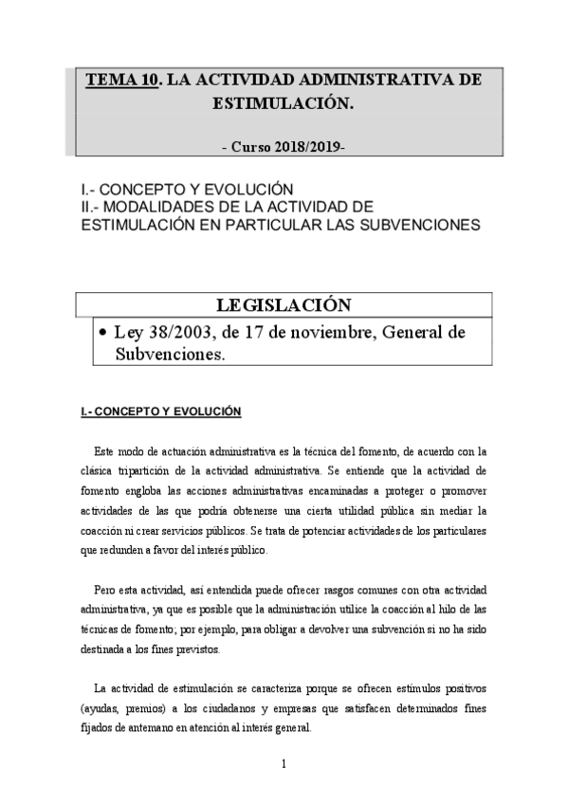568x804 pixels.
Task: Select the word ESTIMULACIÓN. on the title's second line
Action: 284,104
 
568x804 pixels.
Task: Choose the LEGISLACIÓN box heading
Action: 284,304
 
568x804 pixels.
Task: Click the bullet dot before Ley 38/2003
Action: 101,333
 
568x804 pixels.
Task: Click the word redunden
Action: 120,549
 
